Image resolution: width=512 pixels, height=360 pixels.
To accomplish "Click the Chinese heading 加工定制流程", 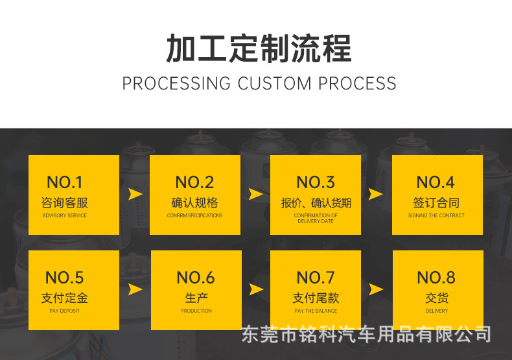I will [x=259, y=49].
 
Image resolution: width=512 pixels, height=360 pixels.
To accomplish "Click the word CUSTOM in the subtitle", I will [x=275, y=84].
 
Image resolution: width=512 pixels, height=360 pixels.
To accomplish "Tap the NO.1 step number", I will [x=65, y=182].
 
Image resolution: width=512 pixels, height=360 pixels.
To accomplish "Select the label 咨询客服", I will [x=65, y=202].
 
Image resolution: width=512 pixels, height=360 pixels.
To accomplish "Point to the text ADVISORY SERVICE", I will [x=65, y=215].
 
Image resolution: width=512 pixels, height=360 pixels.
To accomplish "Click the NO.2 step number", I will [x=194, y=182].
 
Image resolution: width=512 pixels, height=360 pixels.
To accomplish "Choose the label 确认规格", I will [x=194, y=202].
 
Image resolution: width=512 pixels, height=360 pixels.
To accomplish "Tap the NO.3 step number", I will [x=316, y=182].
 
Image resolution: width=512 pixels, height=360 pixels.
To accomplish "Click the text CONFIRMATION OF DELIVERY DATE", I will [x=316, y=218].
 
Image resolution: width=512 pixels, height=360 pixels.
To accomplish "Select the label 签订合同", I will [x=436, y=202].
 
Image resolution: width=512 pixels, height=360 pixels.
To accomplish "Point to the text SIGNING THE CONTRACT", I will [x=436, y=215].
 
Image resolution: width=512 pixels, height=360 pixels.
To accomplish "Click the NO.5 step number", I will [x=65, y=278].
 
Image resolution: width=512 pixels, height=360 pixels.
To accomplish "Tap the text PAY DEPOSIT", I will [x=65, y=311].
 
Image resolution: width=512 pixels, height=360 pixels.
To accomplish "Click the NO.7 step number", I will [x=316, y=278].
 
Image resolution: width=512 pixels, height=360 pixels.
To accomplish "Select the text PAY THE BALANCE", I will [x=316, y=311].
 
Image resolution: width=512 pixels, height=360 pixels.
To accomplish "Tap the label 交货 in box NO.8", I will [x=437, y=298].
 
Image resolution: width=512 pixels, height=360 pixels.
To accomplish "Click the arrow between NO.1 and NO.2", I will [x=135, y=194].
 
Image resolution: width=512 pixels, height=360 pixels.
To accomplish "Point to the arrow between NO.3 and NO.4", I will [x=376, y=194].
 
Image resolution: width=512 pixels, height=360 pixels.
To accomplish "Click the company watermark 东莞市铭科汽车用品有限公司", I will [x=366, y=335].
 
